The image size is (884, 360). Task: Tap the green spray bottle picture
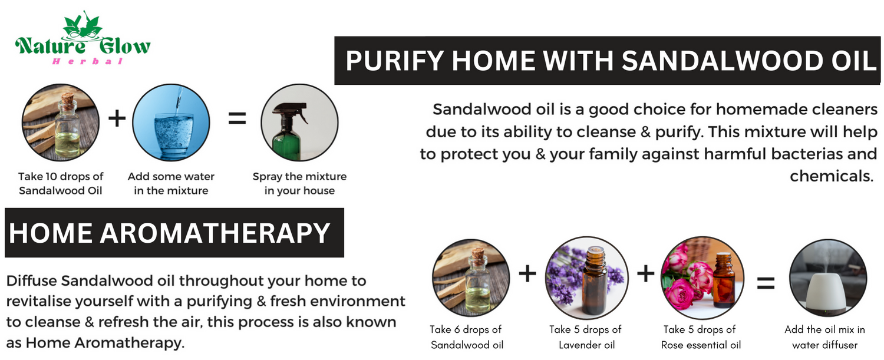(299, 123)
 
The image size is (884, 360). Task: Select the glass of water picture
(171, 123)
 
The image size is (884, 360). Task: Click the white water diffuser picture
(828, 278)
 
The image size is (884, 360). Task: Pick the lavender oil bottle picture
(587, 278)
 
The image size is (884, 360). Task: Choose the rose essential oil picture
(702, 278)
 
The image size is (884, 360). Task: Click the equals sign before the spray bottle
(237, 118)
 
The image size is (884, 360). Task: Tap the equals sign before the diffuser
(766, 283)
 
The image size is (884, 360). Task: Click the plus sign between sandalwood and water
(117, 118)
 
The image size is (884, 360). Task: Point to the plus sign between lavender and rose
(646, 273)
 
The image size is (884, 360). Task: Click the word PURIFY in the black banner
(395, 61)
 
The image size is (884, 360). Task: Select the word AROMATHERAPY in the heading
(215, 233)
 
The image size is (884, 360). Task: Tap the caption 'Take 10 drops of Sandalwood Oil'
(60, 183)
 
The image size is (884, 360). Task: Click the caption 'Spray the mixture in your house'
(299, 183)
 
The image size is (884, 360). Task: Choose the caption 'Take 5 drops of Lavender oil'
(586, 337)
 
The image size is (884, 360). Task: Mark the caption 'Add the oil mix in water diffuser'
(825, 337)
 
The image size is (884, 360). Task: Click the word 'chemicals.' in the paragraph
(831, 176)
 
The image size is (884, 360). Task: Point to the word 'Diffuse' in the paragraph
(32, 280)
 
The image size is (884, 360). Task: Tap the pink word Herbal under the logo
(88, 61)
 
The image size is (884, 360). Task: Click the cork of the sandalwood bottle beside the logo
(68, 98)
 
